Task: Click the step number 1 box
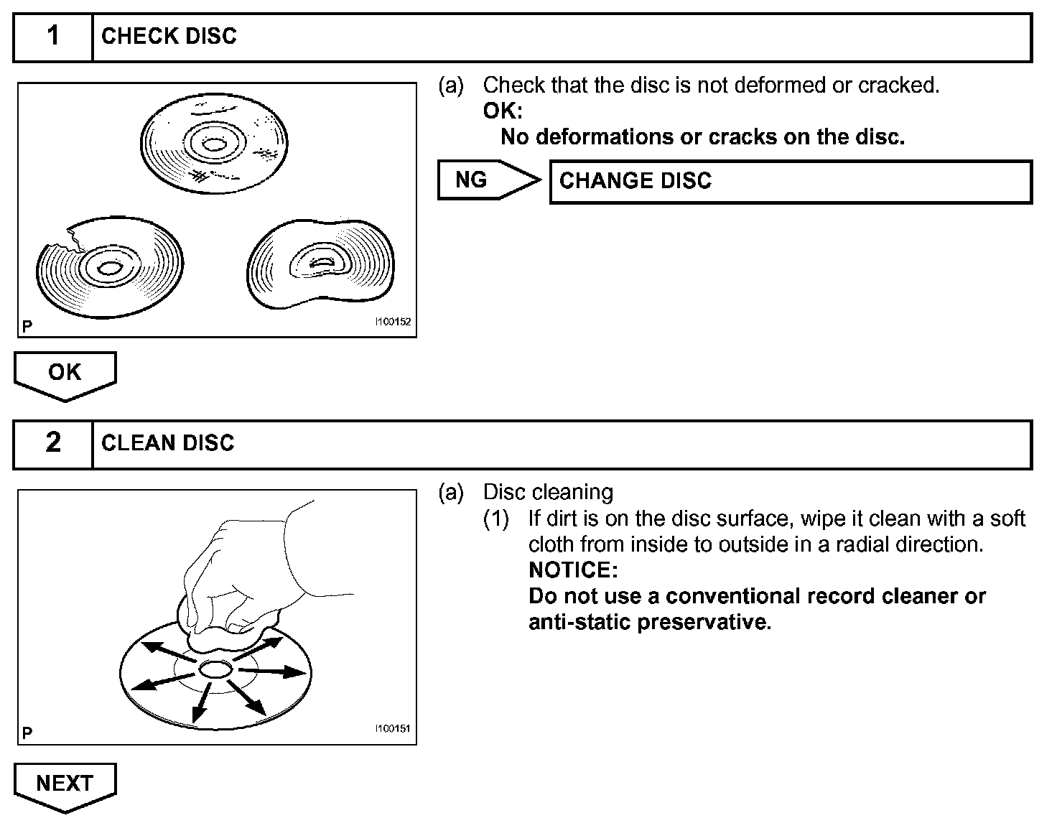53,37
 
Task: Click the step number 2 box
53,443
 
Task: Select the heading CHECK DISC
169,37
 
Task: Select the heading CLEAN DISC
168,443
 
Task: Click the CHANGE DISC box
790,181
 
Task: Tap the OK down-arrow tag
65,374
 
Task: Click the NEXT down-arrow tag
65,785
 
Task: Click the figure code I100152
393,322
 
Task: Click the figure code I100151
392,729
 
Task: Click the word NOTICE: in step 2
573,570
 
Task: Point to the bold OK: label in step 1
503,111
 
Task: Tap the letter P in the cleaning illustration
27,733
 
